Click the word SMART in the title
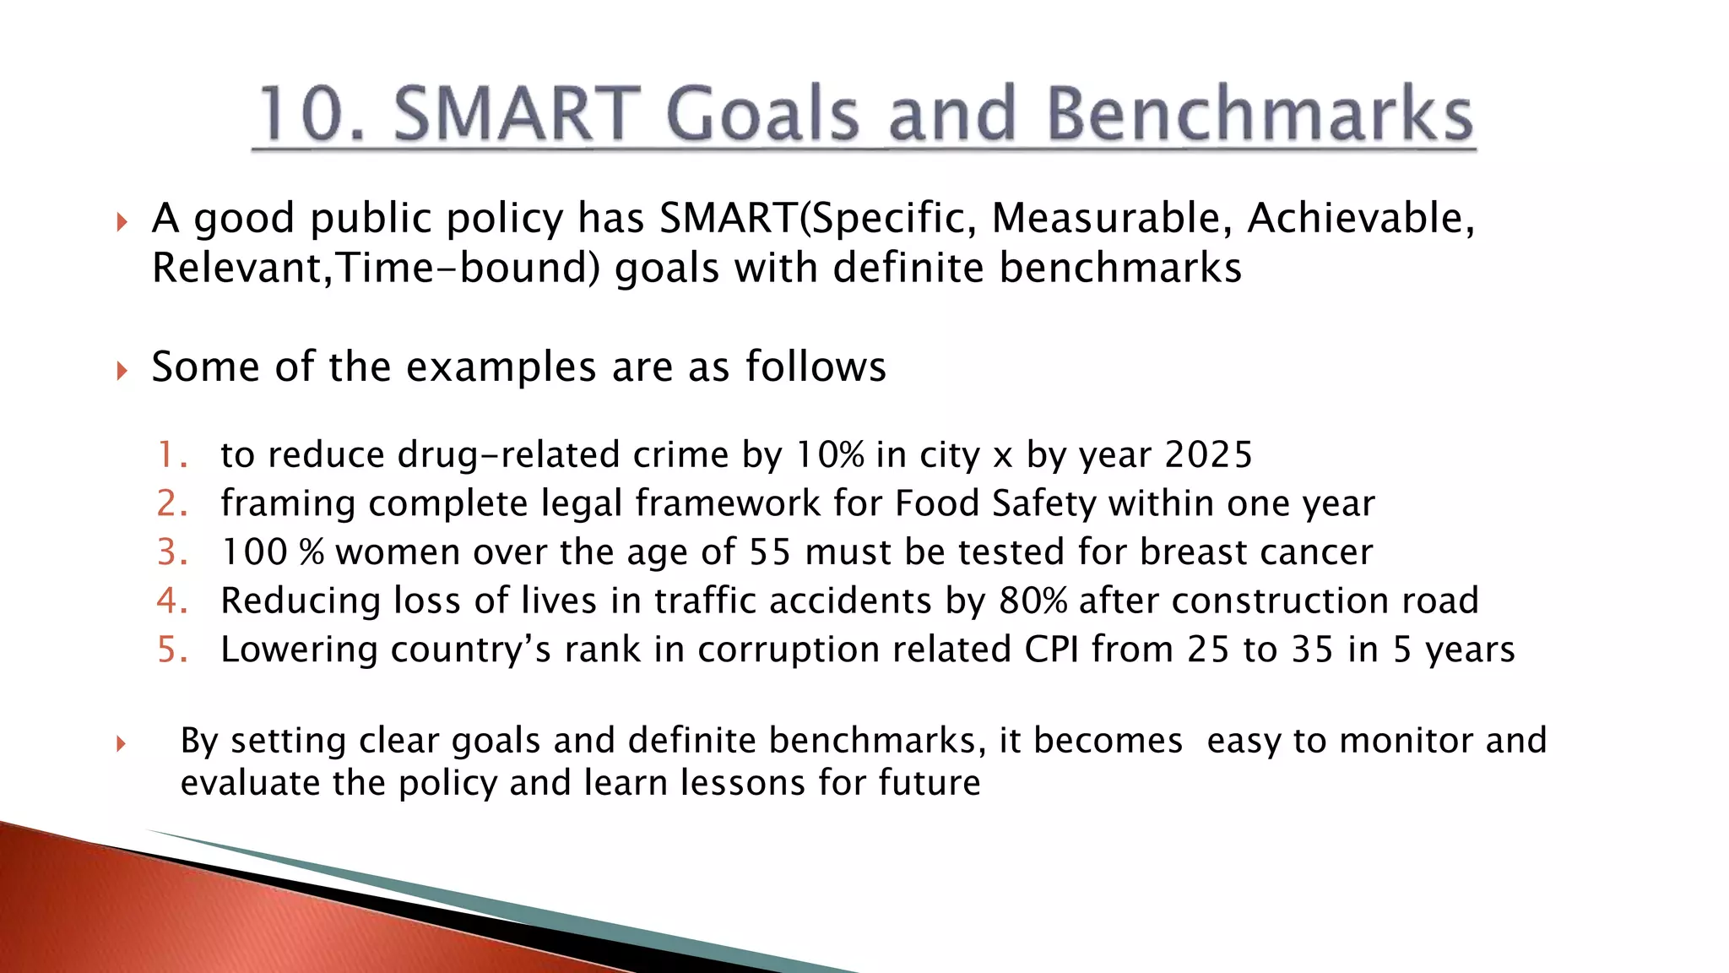click(518, 114)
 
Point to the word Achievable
click(1360, 218)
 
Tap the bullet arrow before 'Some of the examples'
click(122, 370)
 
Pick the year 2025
click(1208, 455)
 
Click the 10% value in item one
click(830, 455)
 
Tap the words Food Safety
click(997, 503)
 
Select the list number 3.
click(172, 552)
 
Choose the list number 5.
click(172, 650)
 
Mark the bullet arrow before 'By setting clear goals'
click(122, 744)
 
